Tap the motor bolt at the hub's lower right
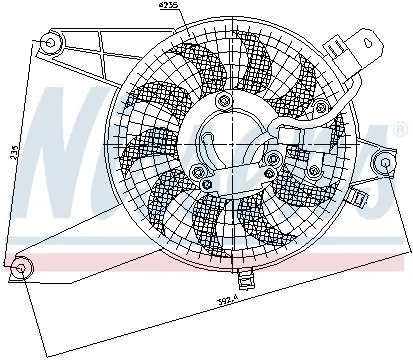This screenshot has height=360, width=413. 314,171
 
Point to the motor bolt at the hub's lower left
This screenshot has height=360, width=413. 205,183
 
